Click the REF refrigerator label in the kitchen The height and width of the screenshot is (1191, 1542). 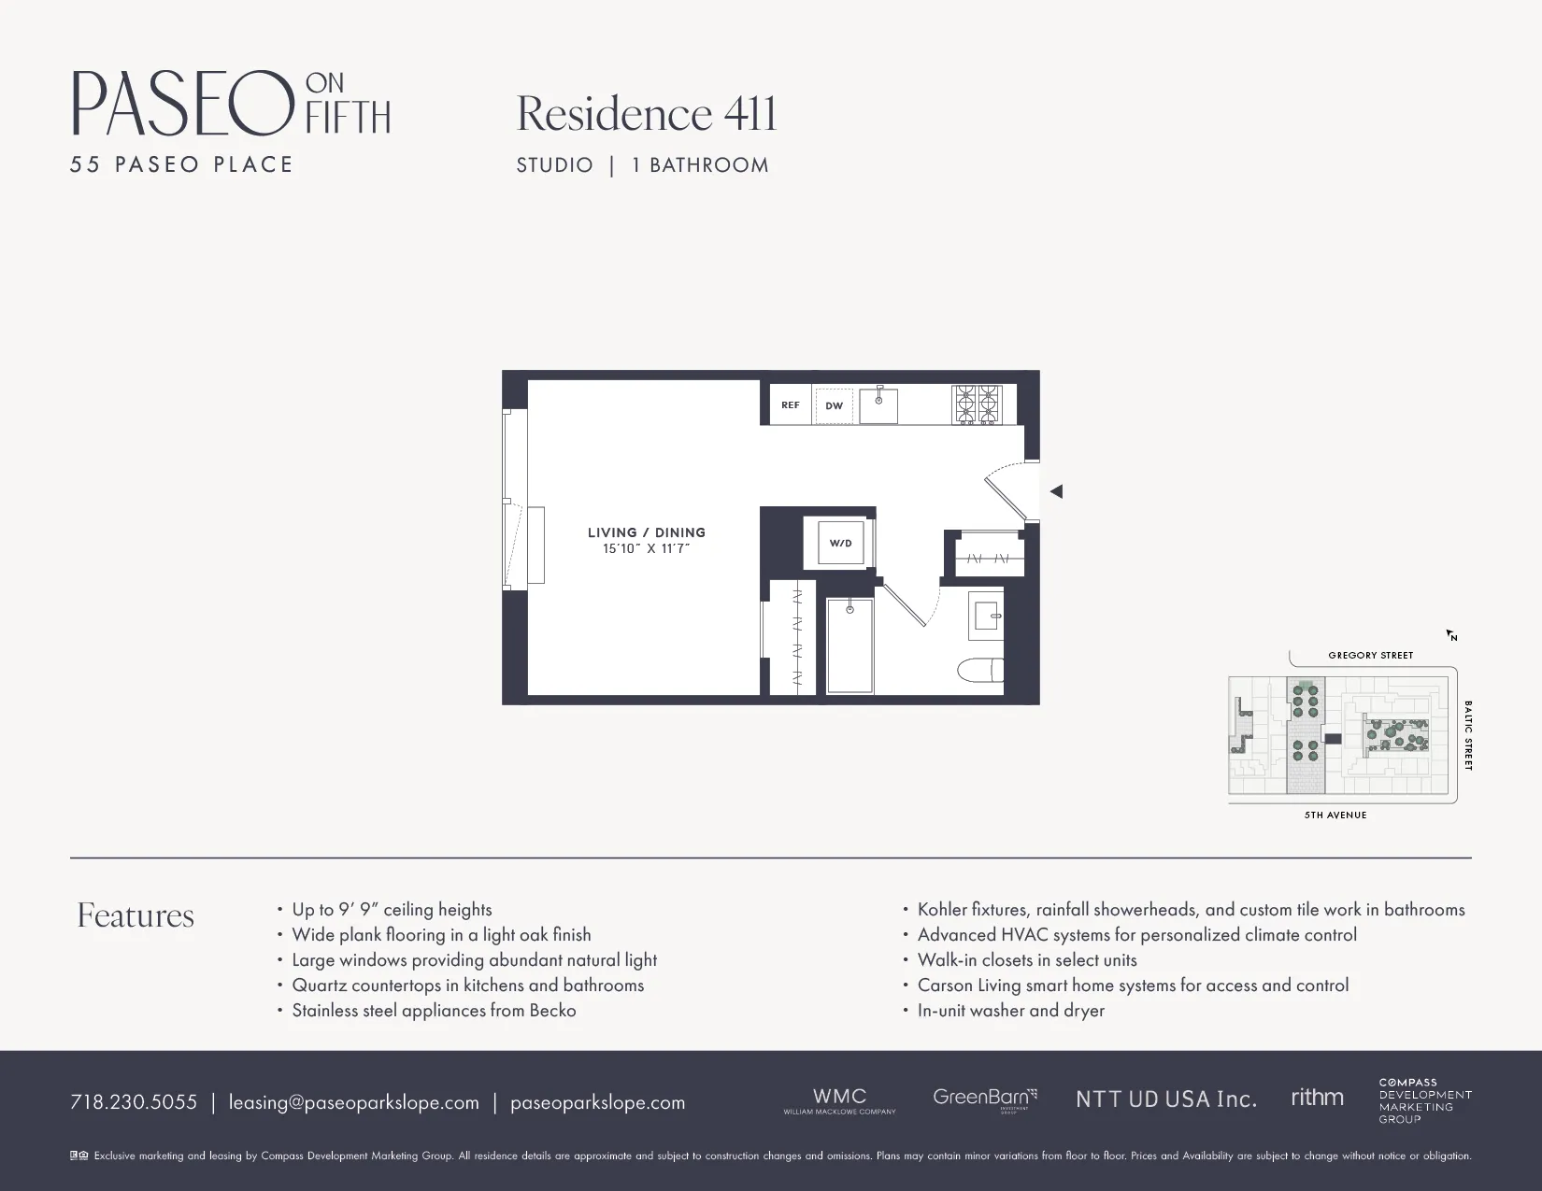tap(791, 405)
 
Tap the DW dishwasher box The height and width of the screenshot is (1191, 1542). tap(835, 405)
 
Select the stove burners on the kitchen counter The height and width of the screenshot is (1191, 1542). tap(977, 404)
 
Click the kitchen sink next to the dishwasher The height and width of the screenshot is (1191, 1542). tap(878, 405)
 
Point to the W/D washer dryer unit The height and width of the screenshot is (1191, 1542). tap(840, 543)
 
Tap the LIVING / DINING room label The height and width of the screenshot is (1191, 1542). tap(647, 532)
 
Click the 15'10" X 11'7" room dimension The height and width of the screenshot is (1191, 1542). tap(647, 549)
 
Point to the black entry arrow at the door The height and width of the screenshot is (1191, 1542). tap(1056, 491)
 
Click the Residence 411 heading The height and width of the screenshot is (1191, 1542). tap(647, 114)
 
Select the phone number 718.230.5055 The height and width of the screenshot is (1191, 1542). tap(134, 1102)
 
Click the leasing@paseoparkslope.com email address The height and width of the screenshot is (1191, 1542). tap(354, 1102)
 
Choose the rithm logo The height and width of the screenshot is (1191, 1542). tap(1317, 1098)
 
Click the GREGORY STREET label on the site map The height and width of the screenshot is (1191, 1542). tap(1370, 656)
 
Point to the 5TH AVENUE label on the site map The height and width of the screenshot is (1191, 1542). tap(1335, 815)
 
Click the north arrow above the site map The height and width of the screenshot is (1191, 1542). tap(1452, 636)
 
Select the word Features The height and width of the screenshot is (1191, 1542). tap(136, 915)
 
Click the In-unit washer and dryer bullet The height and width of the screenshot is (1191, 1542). tap(1010, 1011)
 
